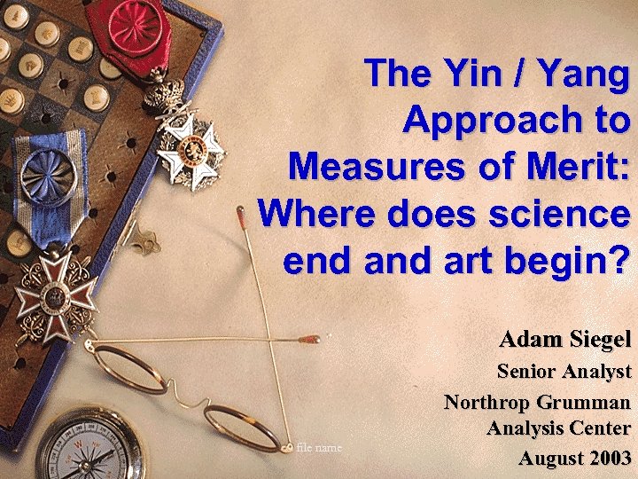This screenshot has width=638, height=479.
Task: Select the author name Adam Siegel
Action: coord(564,338)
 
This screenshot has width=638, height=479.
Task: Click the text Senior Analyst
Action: coord(564,371)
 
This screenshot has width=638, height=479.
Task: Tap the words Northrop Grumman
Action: coord(537,401)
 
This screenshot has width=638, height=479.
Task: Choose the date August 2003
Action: coord(574,458)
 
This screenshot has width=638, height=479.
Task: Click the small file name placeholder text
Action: coord(319,447)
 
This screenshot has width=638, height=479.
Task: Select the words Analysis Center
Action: coord(558,429)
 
